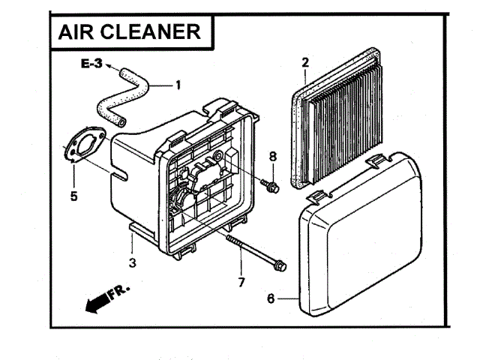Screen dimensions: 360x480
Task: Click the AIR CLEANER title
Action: pyautogui.click(x=129, y=31)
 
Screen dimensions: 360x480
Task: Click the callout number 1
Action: pyautogui.click(x=178, y=85)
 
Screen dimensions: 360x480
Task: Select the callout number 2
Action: pyautogui.click(x=305, y=61)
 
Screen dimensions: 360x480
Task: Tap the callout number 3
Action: pyautogui.click(x=132, y=262)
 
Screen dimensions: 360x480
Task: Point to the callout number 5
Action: pyautogui.click(x=73, y=197)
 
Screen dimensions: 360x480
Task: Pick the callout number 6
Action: pyautogui.click(x=271, y=298)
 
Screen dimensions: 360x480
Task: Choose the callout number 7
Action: pyautogui.click(x=241, y=282)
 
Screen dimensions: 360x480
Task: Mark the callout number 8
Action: pyautogui.click(x=273, y=156)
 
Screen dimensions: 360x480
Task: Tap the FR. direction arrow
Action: pyautogui.click(x=105, y=298)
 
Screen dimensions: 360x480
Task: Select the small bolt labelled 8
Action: pyautogui.click(x=271, y=185)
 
